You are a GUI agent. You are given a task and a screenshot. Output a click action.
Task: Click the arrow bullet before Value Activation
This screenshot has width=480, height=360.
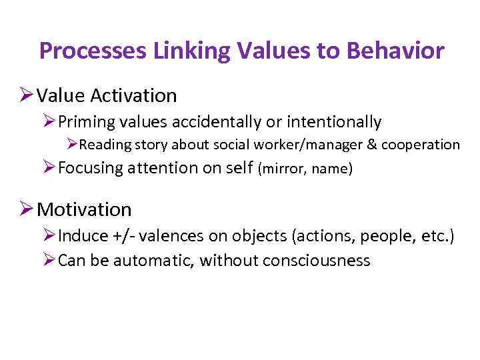pos(26,95)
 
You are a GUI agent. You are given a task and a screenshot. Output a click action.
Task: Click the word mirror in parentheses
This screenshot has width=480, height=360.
pos(282,169)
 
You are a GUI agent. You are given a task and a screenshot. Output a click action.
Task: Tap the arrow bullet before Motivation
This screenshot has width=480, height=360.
pos(26,209)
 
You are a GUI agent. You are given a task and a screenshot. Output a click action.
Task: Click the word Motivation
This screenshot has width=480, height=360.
pos(85,210)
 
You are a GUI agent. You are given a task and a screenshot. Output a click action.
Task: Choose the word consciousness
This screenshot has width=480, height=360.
pos(317,260)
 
